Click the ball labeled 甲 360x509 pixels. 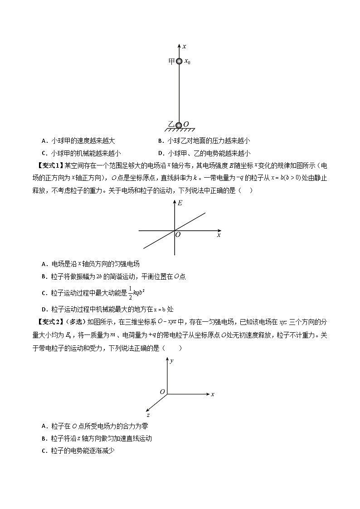(179, 61)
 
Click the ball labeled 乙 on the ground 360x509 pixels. (179, 125)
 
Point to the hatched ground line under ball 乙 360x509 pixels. (180, 130)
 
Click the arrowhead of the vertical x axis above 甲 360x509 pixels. (179, 46)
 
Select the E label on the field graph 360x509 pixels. (180, 204)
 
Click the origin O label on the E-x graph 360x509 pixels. (178, 235)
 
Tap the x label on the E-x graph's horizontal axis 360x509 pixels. (219, 235)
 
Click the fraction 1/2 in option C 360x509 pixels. (79, 293)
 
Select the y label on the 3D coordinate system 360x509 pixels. (172, 361)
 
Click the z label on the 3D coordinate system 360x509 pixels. (148, 414)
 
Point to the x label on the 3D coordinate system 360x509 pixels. (213, 394)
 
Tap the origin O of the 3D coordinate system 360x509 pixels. (162, 391)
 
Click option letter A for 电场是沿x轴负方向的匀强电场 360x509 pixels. (44, 264)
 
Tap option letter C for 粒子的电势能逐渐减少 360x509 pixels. (44, 451)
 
